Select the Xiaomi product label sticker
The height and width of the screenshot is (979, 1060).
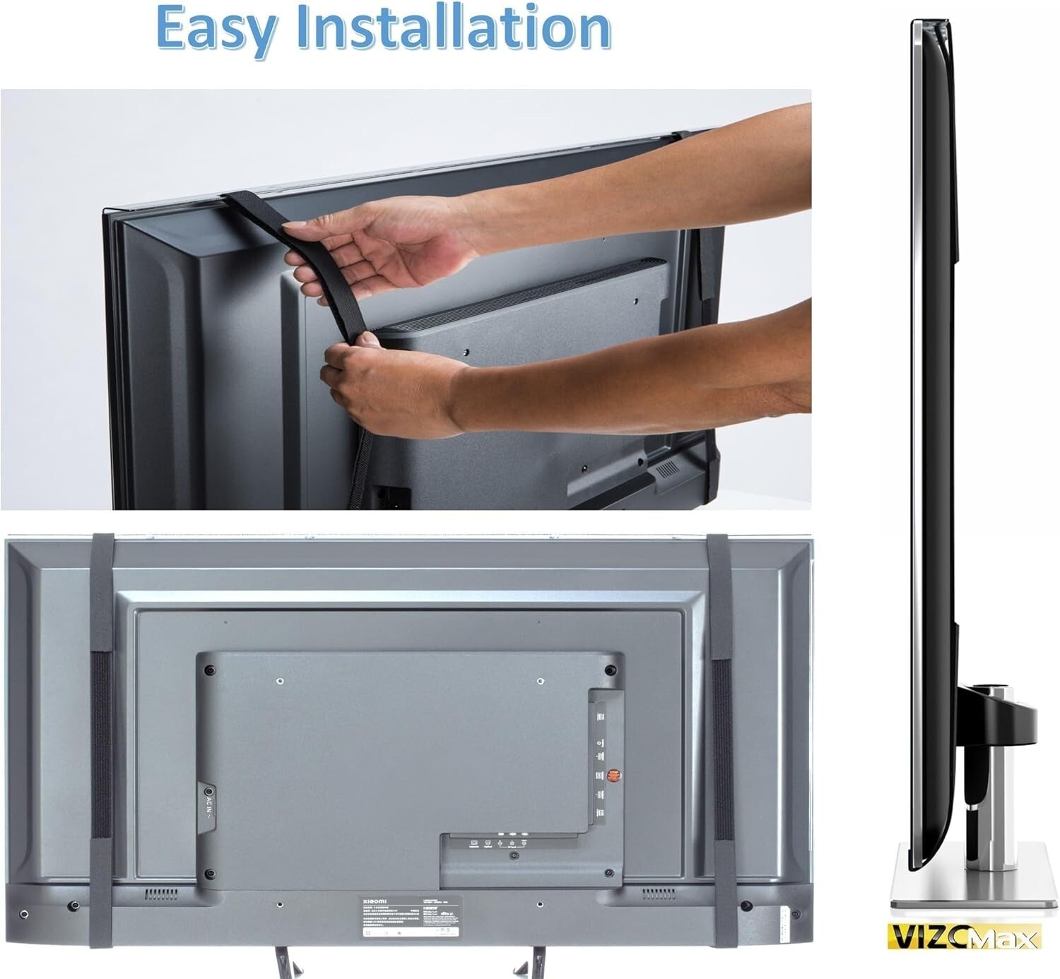(x=407, y=918)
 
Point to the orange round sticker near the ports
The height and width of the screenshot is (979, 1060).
(x=613, y=776)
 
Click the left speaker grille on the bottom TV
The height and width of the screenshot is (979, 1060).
(x=162, y=894)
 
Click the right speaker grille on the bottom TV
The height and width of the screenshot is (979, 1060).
(x=657, y=895)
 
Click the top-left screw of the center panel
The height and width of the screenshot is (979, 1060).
(x=208, y=669)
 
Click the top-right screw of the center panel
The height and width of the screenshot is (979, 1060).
(x=609, y=669)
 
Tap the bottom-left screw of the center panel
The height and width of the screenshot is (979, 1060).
(x=209, y=874)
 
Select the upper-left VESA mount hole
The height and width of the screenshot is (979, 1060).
(x=280, y=682)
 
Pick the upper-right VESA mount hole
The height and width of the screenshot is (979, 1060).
(x=540, y=682)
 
